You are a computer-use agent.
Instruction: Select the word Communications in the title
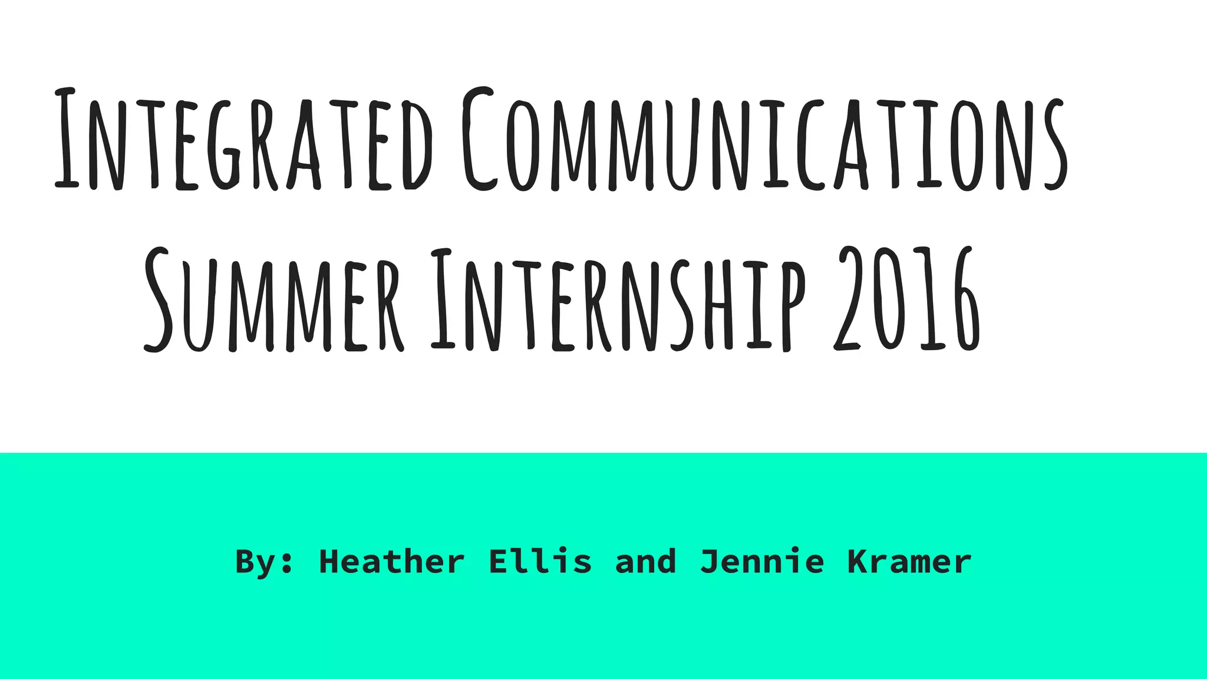coord(764,141)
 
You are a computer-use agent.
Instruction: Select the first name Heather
coord(391,562)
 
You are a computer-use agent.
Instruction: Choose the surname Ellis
coord(540,562)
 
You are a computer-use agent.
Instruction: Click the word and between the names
coord(645,562)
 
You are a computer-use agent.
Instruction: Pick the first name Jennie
coord(762,562)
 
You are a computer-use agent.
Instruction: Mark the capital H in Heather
coord(328,562)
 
